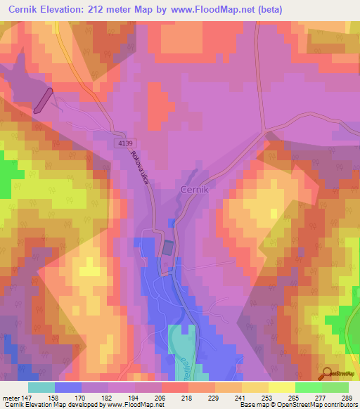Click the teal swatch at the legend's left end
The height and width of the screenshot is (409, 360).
(x=41, y=388)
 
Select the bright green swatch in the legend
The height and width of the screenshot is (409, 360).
(x=309, y=388)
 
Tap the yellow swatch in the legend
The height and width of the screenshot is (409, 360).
(x=282, y=388)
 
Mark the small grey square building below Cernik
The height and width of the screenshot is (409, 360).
(x=168, y=248)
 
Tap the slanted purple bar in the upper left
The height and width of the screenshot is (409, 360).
(x=42, y=100)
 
